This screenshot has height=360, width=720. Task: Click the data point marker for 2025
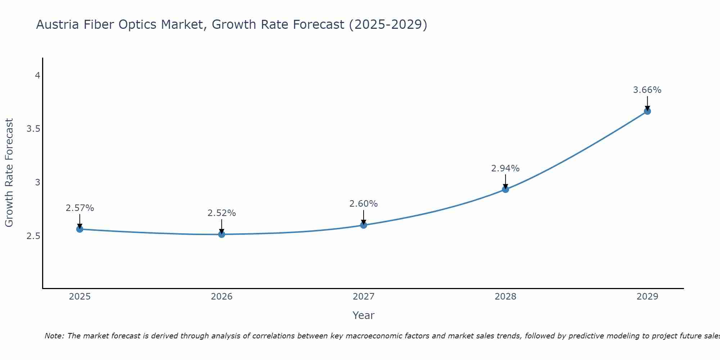[x=80, y=229]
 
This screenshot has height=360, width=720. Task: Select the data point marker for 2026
[x=222, y=234]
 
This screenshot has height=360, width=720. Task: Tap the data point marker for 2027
[x=364, y=225]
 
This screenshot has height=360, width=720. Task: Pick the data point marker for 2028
[x=505, y=189]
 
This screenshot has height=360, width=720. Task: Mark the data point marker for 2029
[x=647, y=111]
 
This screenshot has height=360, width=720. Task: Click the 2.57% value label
[x=80, y=208]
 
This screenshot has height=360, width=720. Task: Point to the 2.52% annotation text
[x=222, y=213]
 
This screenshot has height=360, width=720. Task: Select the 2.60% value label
[x=364, y=204]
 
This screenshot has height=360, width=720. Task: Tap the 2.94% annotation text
[x=505, y=168]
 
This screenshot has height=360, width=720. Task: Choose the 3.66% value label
[x=647, y=90]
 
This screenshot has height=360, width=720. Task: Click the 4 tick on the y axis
[x=37, y=76]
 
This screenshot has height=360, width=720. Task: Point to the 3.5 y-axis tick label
[x=33, y=129]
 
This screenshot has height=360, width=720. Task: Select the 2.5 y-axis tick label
[x=33, y=236]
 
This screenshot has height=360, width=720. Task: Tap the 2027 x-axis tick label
[x=364, y=297]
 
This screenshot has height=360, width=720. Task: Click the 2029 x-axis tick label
[x=647, y=297]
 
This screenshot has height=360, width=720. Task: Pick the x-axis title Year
[x=364, y=315]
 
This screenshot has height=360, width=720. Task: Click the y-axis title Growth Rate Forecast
[x=9, y=173]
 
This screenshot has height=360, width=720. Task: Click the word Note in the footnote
[x=54, y=336]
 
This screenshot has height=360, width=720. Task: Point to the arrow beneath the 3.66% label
[x=647, y=103]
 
